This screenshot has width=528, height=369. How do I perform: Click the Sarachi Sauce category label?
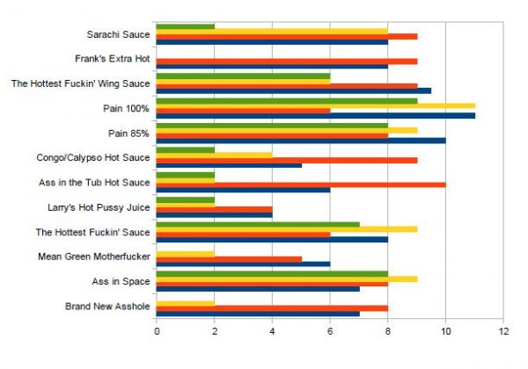[x=117, y=36]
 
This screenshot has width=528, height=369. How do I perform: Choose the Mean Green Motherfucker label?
[x=94, y=257]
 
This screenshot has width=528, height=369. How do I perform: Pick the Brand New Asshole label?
[x=107, y=306]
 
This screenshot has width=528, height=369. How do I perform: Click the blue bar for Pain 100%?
[x=315, y=115]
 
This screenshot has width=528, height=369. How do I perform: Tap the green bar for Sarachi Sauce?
[x=185, y=25]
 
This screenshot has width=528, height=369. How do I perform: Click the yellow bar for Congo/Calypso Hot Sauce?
[x=214, y=155]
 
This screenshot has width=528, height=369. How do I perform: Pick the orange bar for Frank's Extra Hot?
[x=286, y=61]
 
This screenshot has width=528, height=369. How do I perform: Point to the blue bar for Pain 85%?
[x=300, y=140]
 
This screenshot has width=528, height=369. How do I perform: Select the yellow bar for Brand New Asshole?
[x=185, y=302]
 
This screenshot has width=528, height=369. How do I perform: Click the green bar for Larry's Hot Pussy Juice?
[x=185, y=199]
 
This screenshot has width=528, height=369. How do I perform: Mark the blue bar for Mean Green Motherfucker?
[x=243, y=263]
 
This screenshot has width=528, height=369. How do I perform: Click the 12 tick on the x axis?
[x=503, y=331]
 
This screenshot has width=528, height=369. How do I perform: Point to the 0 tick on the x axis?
[x=157, y=331]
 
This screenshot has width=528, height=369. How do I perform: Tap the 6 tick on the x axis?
[x=330, y=331]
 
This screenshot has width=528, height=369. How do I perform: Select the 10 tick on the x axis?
[x=445, y=331]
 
